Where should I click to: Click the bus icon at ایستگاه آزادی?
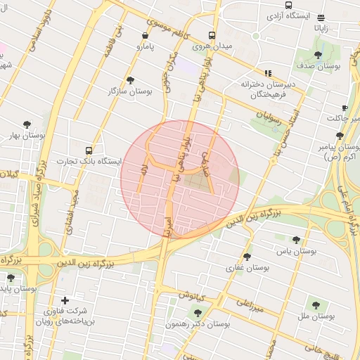pos(288,6)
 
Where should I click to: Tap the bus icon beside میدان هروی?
pos(212,35)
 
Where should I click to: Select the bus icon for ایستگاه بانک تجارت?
pos(89,150)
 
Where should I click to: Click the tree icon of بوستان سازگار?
pos(130,80)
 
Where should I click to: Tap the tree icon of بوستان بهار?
pos(27,124)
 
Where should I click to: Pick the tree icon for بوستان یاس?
pos(296,240)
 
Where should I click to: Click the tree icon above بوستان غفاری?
pos(247,257)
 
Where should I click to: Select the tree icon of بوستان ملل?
pos(314,304)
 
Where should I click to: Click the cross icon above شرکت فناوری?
pos(65,300)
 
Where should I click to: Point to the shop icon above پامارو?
pos(146,35)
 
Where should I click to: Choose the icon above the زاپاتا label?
pos(321,18)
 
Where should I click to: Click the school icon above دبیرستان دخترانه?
pos(268,72)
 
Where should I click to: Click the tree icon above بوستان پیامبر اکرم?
pos(340,136)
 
